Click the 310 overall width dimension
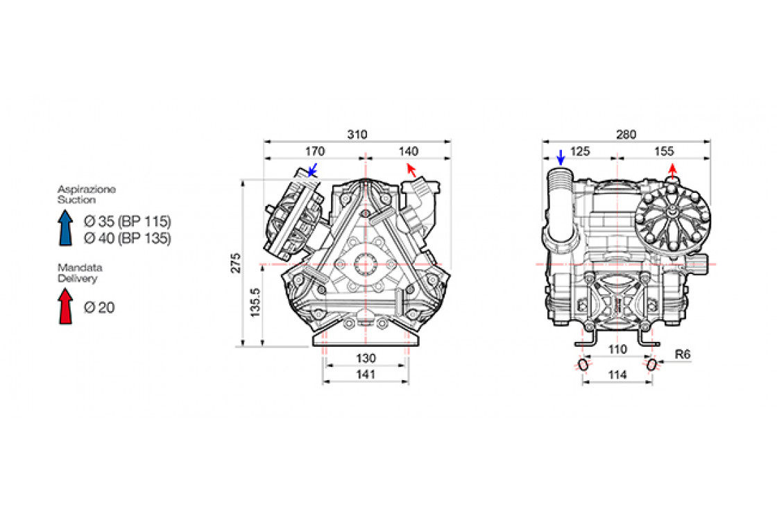point(357,135)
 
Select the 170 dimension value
point(314,151)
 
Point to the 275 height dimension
point(236,263)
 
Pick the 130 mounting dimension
point(366,358)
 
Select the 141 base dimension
point(366,375)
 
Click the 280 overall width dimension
point(626,135)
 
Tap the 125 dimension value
point(581,151)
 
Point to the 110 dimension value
point(617,350)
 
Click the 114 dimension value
point(617,375)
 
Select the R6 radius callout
point(683,354)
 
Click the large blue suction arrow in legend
point(65,228)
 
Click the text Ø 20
point(99,307)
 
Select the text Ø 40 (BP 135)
point(127,238)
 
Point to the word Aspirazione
point(86,189)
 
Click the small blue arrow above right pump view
point(561,157)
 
